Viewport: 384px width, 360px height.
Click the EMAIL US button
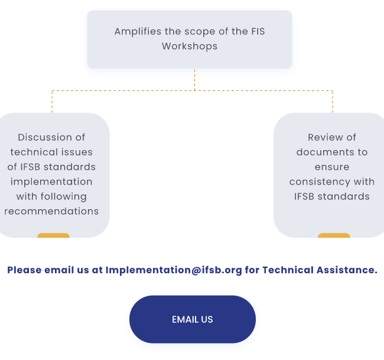(193, 319)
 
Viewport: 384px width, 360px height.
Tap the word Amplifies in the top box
(138, 32)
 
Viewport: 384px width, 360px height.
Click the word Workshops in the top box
(190, 46)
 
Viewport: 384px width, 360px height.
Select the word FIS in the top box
(258, 31)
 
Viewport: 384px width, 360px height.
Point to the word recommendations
(51, 211)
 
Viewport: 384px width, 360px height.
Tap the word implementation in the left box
(51, 182)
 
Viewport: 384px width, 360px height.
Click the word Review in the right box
(323, 137)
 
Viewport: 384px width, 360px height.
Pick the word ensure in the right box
(332, 167)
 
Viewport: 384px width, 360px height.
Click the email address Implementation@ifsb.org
(174, 270)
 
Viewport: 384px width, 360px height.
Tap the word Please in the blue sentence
(24, 270)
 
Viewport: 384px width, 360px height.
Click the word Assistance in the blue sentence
(347, 270)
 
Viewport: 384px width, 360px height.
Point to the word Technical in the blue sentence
(288, 270)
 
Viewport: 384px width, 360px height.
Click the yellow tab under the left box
(53, 235)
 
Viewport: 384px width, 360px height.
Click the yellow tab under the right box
(334, 235)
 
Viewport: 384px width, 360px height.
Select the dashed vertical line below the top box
(195, 80)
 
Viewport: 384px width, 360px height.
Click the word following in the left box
(63, 196)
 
